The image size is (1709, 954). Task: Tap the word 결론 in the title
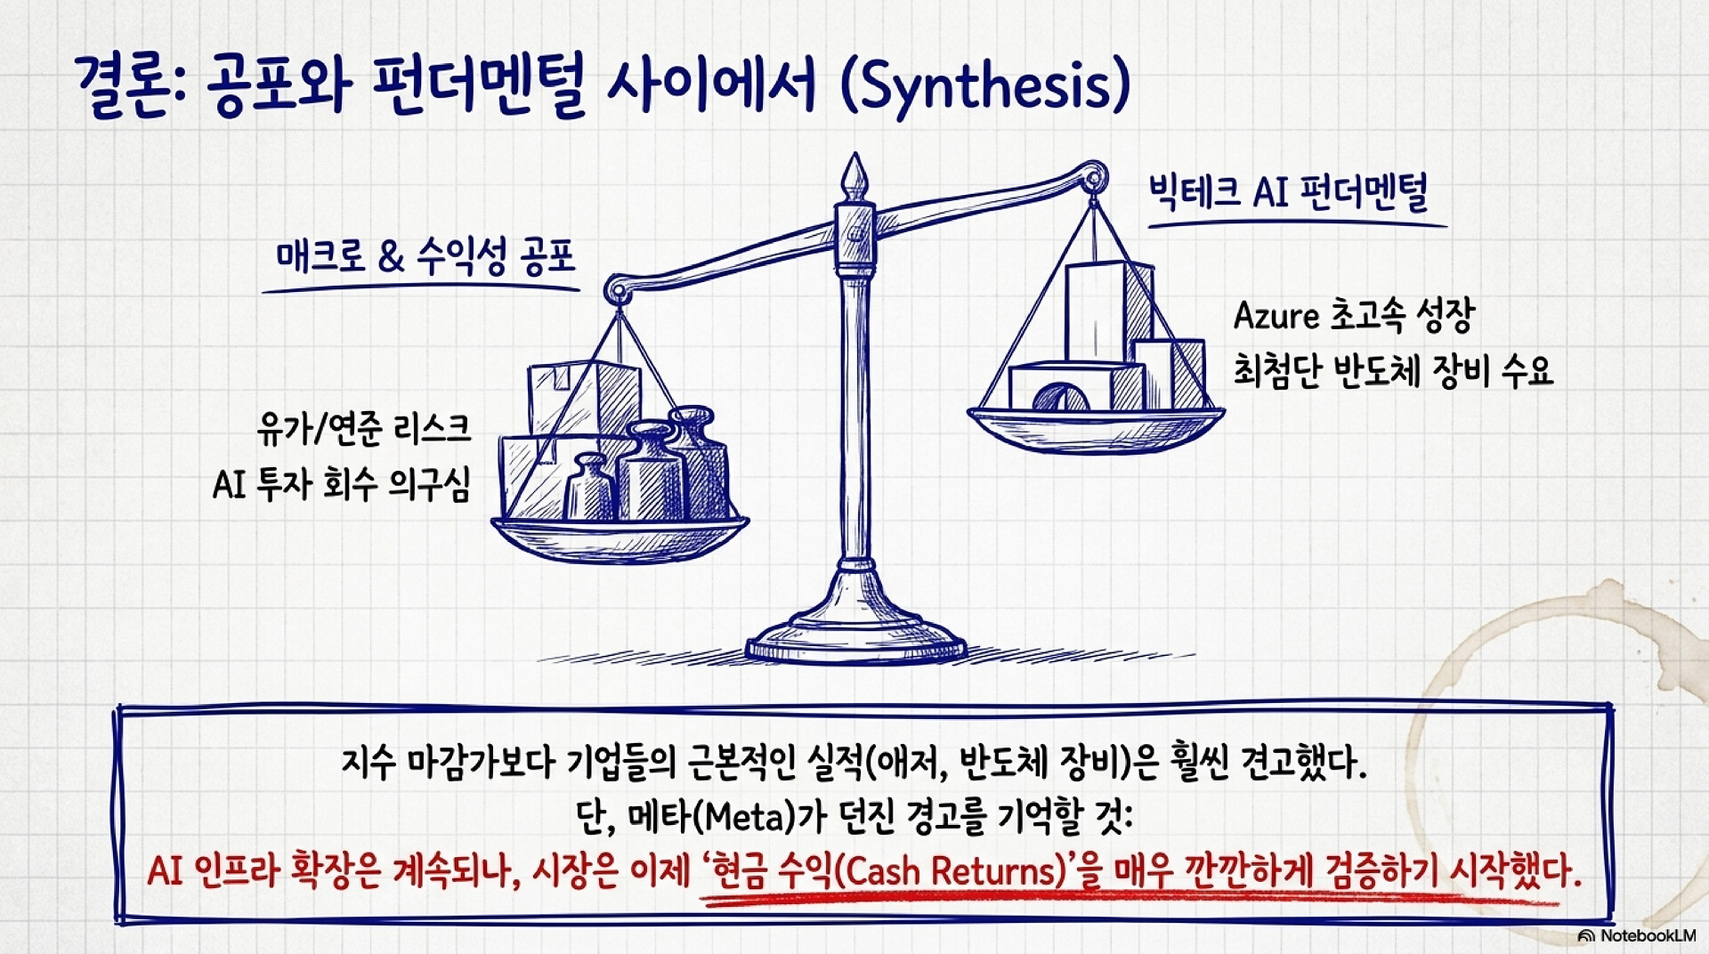pyautogui.click(x=122, y=87)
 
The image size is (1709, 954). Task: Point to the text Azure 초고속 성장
pyautogui.click(x=1354, y=316)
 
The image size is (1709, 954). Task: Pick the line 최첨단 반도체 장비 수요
pyautogui.click(x=1393, y=370)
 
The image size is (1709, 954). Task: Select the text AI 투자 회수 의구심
pyautogui.click(x=341, y=485)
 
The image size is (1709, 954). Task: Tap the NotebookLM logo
pyautogui.click(x=1636, y=935)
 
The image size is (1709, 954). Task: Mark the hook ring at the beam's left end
pyautogui.click(x=616, y=289)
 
